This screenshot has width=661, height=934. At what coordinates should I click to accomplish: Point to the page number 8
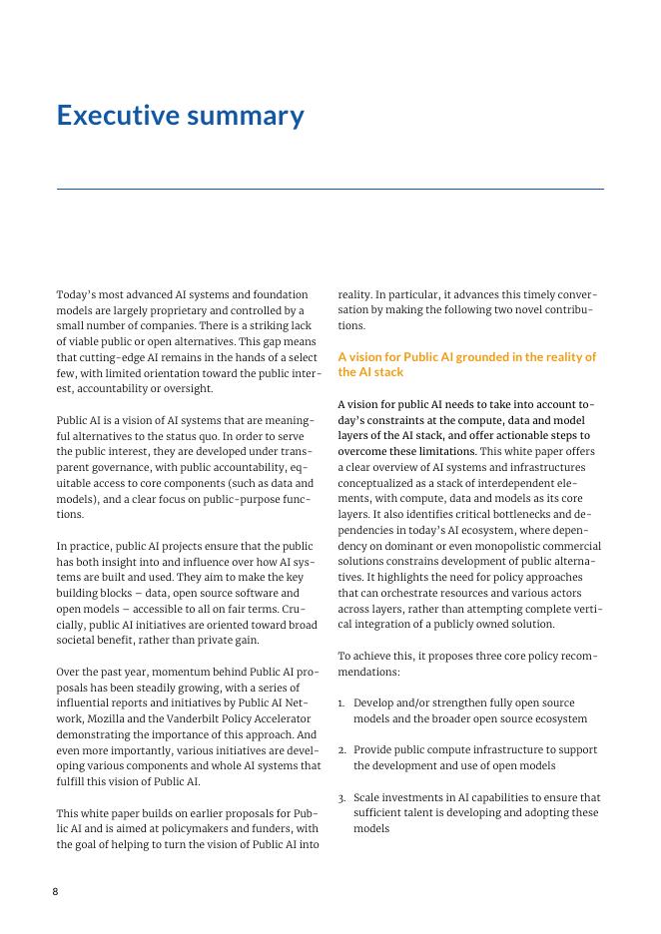click(56, 891)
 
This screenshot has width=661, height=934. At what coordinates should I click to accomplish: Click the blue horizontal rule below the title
click(330, 189)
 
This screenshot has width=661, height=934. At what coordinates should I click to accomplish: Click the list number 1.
click(341, 703)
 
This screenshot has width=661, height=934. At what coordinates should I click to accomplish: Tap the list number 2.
click(341, 749)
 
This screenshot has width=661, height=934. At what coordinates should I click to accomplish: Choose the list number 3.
click(341, 797)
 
